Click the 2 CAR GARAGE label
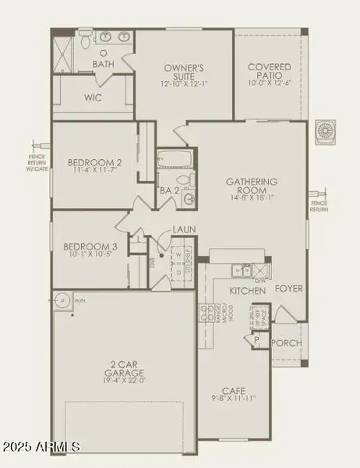(122, 367)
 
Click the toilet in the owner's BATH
(103, 51)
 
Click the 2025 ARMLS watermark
(44, 446)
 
